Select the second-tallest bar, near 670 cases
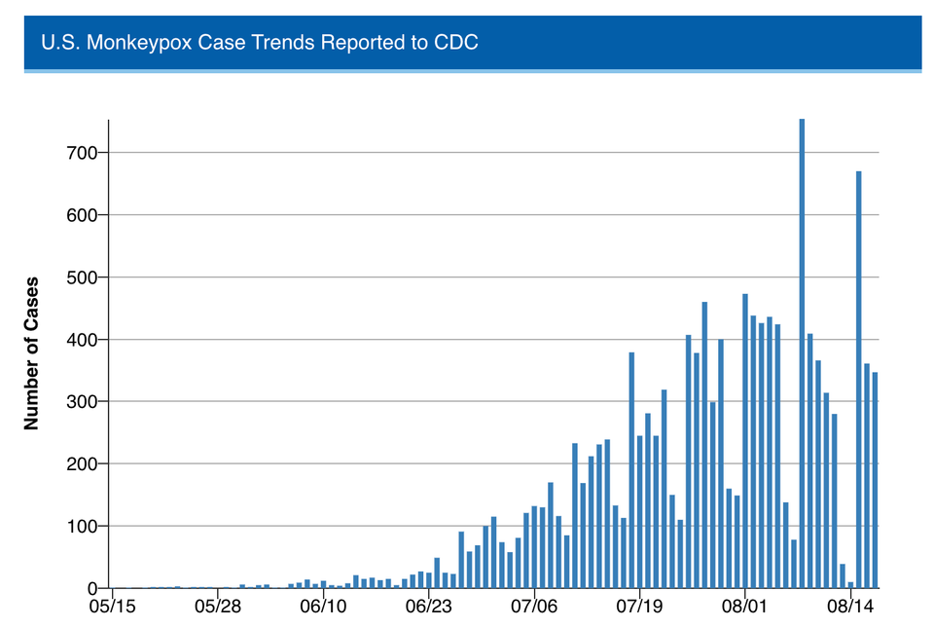point(859,380)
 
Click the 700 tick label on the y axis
point(82,153)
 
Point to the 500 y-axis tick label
point(82,277)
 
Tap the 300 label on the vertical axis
point(82,402)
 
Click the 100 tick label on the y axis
point(82,527)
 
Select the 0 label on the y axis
point(92,589)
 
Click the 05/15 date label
point(113,607)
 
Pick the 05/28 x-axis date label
point(218,607)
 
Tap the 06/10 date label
point(324,607)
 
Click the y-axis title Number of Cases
point(31,353)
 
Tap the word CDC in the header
point(457,43)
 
